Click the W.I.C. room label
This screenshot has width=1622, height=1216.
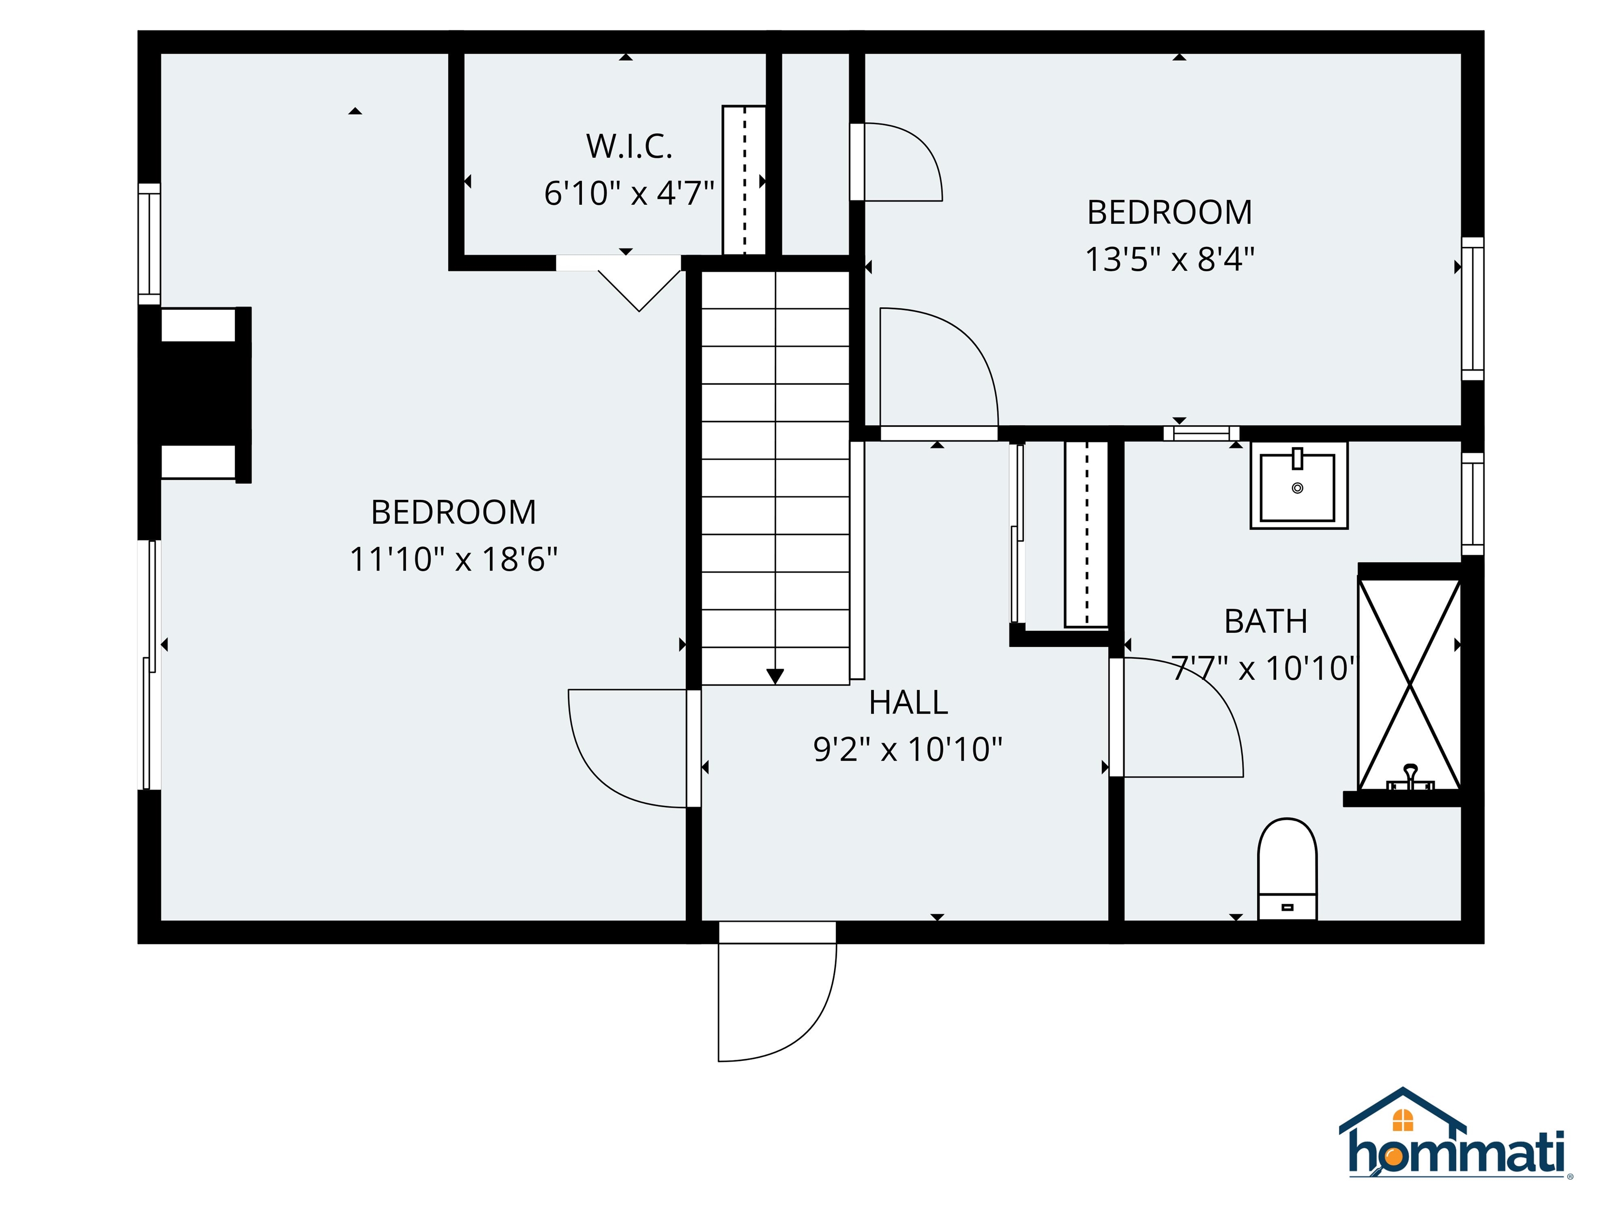[x=628, y=147]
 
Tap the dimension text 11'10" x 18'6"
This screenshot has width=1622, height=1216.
[x=453, y=559]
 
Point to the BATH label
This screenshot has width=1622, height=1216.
[x=1266, y=622]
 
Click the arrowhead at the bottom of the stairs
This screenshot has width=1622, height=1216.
[x=775, y=677]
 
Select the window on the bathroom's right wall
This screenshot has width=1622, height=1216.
[x=1473, y=503]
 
